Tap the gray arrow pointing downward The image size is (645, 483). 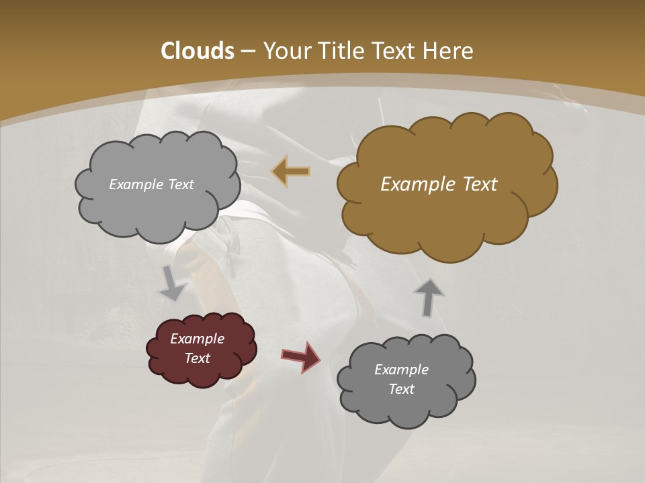[172, 284]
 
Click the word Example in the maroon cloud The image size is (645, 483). [197, 339]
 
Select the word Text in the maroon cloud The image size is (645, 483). [197, 358]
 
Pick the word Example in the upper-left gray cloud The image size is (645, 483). [136, 184]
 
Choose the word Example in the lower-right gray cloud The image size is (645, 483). [401, 370]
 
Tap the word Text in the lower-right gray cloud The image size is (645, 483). [401, 389]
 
